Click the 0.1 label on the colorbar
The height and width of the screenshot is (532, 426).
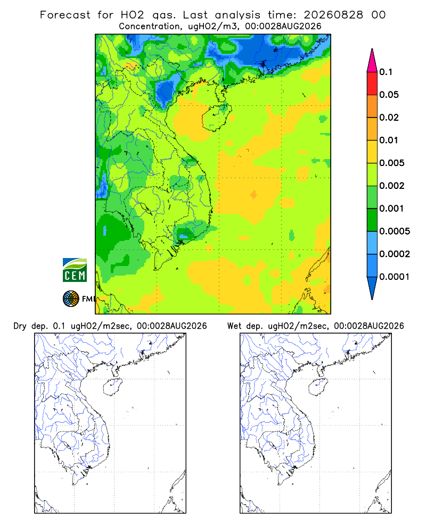pos(386,72)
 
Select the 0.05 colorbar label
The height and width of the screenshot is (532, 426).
pos(389,95)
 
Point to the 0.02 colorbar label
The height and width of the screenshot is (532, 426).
pos(389,118)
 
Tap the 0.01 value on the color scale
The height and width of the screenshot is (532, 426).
pos(389,140)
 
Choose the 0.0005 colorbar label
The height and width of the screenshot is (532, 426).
pos(395,231)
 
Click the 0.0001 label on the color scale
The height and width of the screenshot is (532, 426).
pos(395,277)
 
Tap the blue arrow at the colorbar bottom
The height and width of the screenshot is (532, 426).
pos(372,288)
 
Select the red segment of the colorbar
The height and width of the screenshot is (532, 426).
pos(372,84)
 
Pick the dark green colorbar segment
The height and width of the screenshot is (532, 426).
pos(372,220)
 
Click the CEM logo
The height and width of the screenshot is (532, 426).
pos(75,270)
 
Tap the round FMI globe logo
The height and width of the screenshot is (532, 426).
pos(71,299)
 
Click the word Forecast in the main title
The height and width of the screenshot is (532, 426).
pos(65,15)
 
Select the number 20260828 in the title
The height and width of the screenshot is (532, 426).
pos(333,15)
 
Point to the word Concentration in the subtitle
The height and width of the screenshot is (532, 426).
pos(150,27)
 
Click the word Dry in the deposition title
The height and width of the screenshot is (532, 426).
pos(20,326)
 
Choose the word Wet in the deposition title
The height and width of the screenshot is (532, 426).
pos(234,326)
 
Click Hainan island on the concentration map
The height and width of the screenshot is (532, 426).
pos(217,118)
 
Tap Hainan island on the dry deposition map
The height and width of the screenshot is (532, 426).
pos(112,387)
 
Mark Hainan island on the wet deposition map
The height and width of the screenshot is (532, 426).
pos(318,387)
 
